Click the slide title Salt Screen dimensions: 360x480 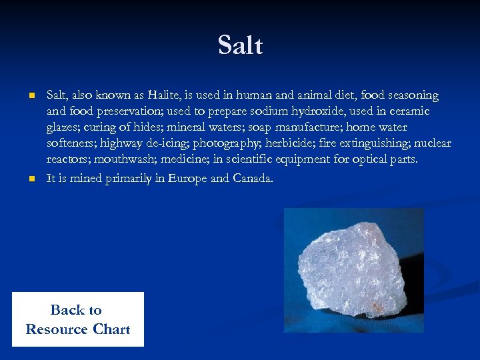pos(240,46)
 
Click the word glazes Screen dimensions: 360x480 pos(64,127)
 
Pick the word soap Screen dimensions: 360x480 pos(261,127)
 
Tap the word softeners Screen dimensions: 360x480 pos(71,143)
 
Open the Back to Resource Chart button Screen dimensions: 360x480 pos(78,319)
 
